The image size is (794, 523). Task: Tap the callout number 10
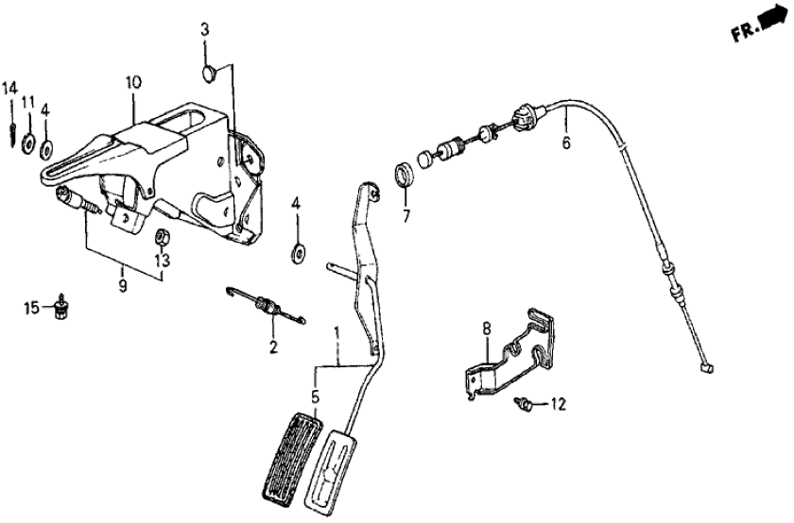(x=132, y=83)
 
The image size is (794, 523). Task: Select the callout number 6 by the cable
(x=566, y=144)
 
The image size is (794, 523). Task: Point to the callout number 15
(x=31, y=308)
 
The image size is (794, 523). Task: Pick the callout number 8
(x=487, y=329)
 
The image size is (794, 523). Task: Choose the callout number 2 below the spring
(x=272, y=347)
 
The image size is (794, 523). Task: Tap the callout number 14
(x=9, y=89)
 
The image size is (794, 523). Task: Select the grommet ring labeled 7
(x=405, y=176)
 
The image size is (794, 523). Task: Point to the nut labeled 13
(x=162, y=235)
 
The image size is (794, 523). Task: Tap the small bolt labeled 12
(x=523, y=405)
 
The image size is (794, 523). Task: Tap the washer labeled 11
(x=29, y=144)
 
